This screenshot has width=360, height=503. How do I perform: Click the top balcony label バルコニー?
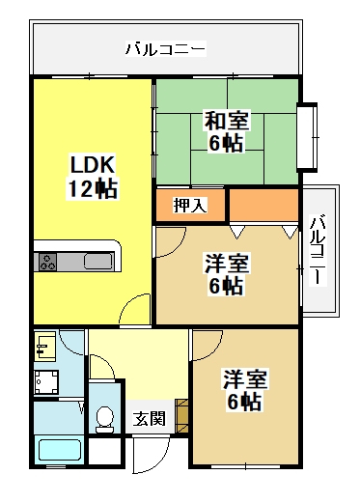[x=165, y=49]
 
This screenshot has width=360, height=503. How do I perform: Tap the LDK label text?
[x=93, y=164]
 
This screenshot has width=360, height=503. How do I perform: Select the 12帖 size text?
[x=93, y=188]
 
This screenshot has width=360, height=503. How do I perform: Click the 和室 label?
[x=227, y=121]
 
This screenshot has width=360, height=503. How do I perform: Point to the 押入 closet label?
[x=190, y=205]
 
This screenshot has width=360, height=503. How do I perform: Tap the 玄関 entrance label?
[x=150, y=419]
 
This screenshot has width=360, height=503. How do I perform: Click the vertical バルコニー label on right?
[x=318, y=250]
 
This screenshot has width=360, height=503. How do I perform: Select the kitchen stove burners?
[x=47, y=262]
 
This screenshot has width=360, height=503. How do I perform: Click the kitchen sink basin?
[x=98, y=262]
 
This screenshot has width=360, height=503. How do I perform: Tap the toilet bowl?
[x=105, y=419]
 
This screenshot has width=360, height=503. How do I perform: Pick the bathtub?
[x=60, y=449]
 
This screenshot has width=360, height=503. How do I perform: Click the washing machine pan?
[x=46, y=382]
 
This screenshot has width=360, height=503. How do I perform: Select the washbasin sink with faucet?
[x=45, y=346]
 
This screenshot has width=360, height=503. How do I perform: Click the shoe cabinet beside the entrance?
[x=181, y=416]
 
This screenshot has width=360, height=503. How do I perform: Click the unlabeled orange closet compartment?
[x=264, y=205]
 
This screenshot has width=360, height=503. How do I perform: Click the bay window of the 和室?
[x=307, y=135]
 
